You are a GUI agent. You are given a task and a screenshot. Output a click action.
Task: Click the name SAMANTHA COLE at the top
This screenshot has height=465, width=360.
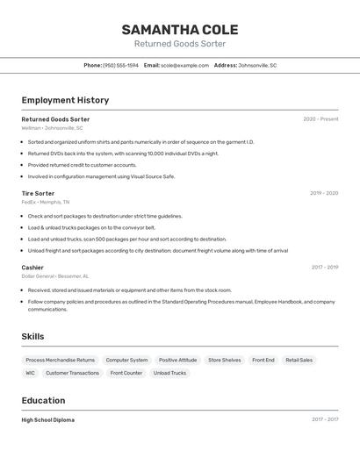coord(180,29)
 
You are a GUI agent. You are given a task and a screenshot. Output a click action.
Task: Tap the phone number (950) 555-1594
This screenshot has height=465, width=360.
coord(120,65)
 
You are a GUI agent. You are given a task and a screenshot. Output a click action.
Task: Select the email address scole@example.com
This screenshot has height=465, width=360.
coord(184,65)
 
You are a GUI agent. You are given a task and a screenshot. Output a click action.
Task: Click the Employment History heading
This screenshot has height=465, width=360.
coord(65,100)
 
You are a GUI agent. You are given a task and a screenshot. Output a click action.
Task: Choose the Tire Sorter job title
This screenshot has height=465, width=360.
coord(38,193)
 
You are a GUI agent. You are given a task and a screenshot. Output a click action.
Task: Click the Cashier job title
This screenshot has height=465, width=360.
coord(32,267)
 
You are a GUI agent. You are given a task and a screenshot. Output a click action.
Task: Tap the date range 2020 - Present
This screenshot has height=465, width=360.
coord(320,119)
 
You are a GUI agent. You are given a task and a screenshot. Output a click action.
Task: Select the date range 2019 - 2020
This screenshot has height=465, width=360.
coord(324,193)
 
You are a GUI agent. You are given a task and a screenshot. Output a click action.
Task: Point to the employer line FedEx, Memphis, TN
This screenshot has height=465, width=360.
coord(46,202)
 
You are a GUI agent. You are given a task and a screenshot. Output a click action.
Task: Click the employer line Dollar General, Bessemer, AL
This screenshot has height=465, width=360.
coord(55,275)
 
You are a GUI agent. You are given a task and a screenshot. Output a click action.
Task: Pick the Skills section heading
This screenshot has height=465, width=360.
coord(32,336)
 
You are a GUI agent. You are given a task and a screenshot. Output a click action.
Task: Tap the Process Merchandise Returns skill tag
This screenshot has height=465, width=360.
coord(60,360)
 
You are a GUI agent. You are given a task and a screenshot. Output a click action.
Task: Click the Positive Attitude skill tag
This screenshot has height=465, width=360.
coord(177,360)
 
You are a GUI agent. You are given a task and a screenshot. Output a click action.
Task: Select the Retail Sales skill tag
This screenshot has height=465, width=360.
coord(299,360)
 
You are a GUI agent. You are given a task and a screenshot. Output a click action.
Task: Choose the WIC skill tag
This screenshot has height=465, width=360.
coord(30,373)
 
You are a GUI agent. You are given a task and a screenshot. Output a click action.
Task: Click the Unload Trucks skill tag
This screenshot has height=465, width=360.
coord(169,373)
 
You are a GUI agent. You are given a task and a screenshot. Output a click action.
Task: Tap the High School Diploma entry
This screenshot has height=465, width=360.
coord(48,419)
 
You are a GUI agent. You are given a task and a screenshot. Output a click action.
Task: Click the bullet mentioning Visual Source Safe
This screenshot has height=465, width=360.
coord(101,176)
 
